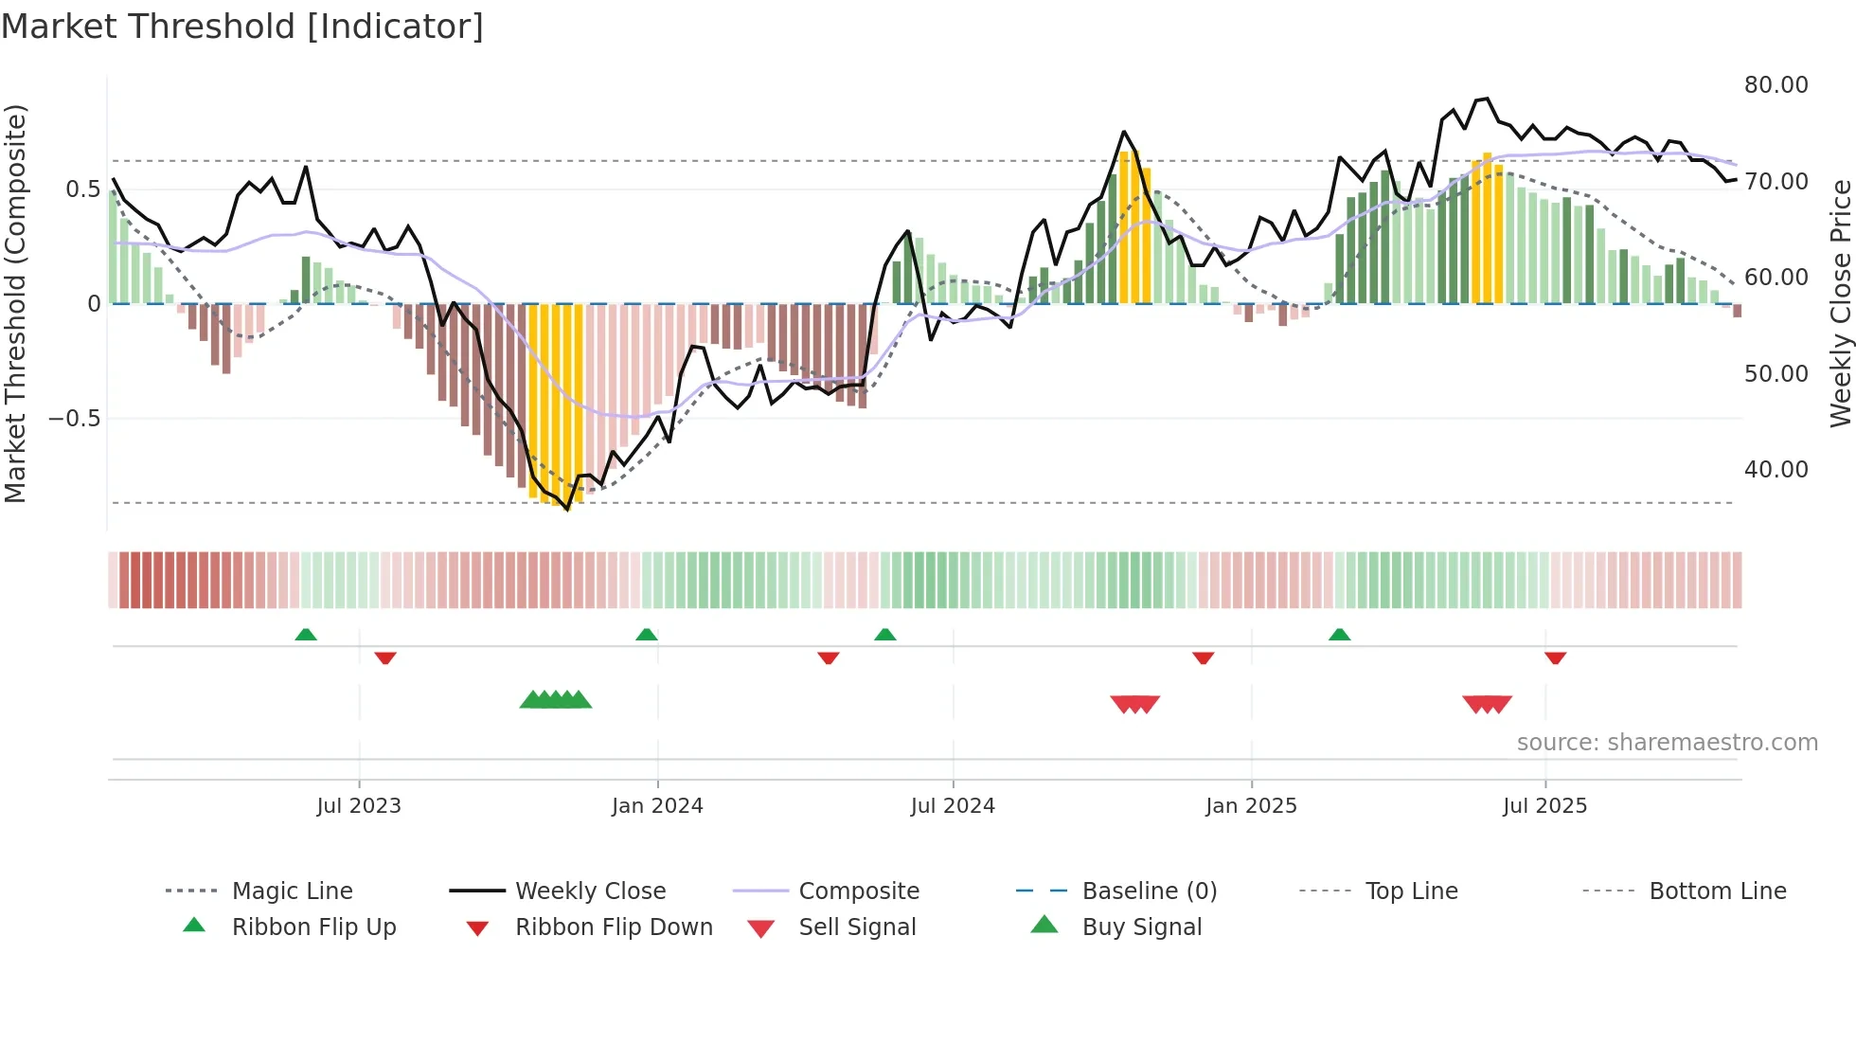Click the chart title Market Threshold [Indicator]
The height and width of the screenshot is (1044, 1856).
tap(242, 27)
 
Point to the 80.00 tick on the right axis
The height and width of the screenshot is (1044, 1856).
tap(1776, 85)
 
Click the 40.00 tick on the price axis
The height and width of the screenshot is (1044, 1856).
tap(1776, 470)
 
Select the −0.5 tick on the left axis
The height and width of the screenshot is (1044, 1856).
tap(75, 419)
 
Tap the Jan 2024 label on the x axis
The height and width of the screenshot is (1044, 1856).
tap(657, 806)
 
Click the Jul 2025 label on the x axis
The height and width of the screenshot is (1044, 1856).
tap(1544, 806)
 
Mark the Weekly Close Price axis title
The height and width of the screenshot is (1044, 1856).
tap(1840, 303)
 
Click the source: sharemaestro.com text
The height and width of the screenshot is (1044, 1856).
tap(1667, 743)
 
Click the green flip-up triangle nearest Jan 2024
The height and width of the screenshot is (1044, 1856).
tap(647, 635)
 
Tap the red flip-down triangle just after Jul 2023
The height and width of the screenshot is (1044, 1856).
tap(384, 657)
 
